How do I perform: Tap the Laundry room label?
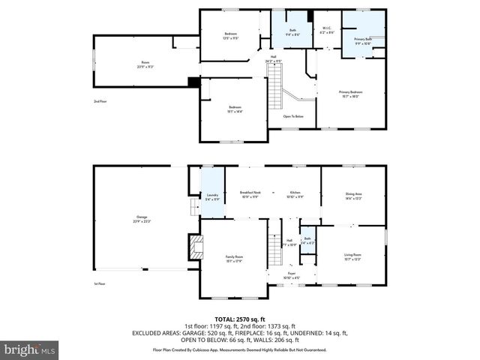coord(212,197)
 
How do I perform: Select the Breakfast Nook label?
coord(250,194)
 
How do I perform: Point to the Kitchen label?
coord(295,194)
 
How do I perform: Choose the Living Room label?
coord(352,257)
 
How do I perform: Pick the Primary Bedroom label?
coord(349,94)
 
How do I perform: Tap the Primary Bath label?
coord(362,40)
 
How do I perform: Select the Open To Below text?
coord(293,116)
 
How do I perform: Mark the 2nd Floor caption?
coord(100,100)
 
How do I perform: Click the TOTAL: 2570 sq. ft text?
coord(240,319)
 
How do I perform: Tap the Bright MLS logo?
coord(29,349)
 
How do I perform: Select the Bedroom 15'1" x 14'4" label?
coord(235,109)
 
